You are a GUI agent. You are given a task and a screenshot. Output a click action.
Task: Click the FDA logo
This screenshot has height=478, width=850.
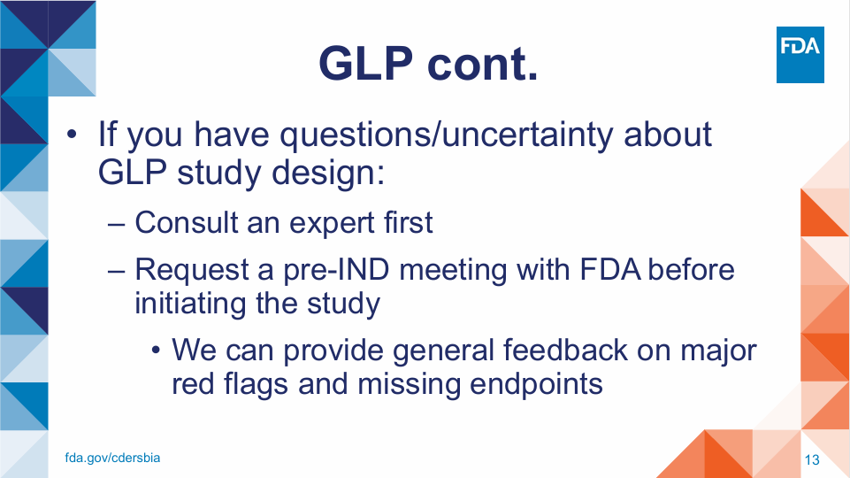(800, 55)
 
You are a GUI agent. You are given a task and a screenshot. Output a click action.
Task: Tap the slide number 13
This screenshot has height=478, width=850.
(812, 460)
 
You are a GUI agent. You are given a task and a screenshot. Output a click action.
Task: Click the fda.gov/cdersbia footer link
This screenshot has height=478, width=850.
(112, 458)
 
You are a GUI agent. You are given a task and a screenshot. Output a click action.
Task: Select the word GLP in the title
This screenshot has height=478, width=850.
(366, 64)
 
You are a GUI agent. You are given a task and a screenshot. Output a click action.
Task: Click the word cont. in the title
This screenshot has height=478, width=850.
(482, 65)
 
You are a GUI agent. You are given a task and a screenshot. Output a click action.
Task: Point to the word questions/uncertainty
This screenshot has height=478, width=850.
(447, 135)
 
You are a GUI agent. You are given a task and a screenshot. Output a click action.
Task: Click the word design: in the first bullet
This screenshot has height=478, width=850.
(328, 173)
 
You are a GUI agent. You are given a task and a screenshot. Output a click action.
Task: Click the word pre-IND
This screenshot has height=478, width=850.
(336, 270)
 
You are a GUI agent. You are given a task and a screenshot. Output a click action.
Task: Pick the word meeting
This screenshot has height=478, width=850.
(453, 271)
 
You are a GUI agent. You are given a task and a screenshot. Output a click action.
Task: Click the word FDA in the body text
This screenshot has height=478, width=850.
(610, 270)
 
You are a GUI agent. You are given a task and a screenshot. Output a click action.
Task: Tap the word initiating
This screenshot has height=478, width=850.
(190, 304)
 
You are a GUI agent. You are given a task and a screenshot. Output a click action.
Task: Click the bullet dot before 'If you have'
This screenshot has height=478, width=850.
(72, 134)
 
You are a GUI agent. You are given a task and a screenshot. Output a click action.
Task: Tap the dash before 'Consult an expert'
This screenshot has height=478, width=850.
(116, 224)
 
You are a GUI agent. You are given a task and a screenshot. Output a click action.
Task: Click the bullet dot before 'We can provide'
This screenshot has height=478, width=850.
(156, 351)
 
